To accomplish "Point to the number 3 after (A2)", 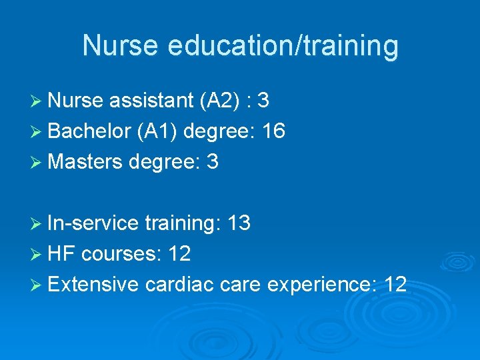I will (x=263, y=101).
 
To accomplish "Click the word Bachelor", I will (x=89, y=131).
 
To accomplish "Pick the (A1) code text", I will (x=157, y=131).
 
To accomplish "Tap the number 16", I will (x=274, y=131).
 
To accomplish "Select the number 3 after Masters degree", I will (x=213, y=162).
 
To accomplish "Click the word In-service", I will (x=93, y=223).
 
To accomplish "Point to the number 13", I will (x=239, y=223).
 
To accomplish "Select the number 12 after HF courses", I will (x=179, y=254).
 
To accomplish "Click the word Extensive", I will (x=93, y=285).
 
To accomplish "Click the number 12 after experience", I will (x=395, y=285).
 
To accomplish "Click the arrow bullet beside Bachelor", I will (x=36, y=132).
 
